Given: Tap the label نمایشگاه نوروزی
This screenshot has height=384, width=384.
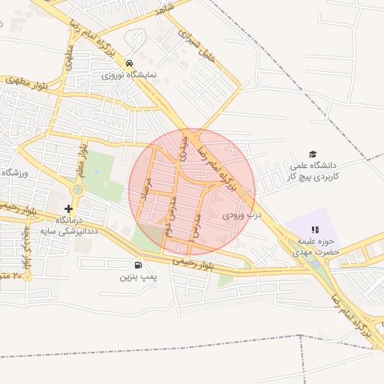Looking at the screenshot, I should pos(130,76).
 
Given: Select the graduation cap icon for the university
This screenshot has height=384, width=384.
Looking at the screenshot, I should pos(313,154).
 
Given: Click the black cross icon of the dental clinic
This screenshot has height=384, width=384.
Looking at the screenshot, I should pos(69,208).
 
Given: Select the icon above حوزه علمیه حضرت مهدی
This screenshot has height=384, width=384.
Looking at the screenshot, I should pos(315,229).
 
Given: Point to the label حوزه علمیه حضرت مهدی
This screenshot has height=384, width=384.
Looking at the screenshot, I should pos(315,247).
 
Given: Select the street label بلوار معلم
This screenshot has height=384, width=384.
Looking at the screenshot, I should pos(81,158).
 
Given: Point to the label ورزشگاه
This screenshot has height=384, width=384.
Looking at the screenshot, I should pos(13,172).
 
